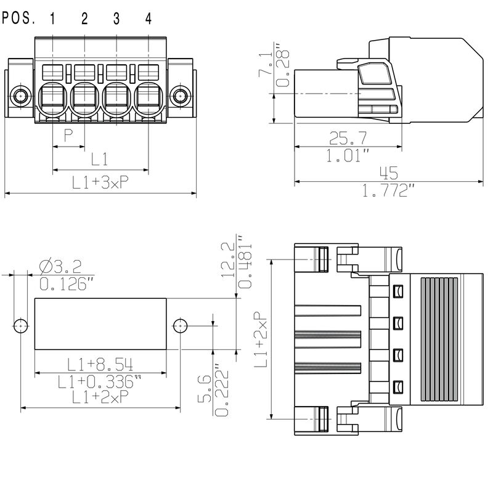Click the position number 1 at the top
[52, 18]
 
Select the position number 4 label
[148, 18]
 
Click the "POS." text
[19, 18]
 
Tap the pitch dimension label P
[68, 136]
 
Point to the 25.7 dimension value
[348, 136]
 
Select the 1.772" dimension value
[387, 192]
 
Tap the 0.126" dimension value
[67, 284]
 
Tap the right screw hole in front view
[180, 96]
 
